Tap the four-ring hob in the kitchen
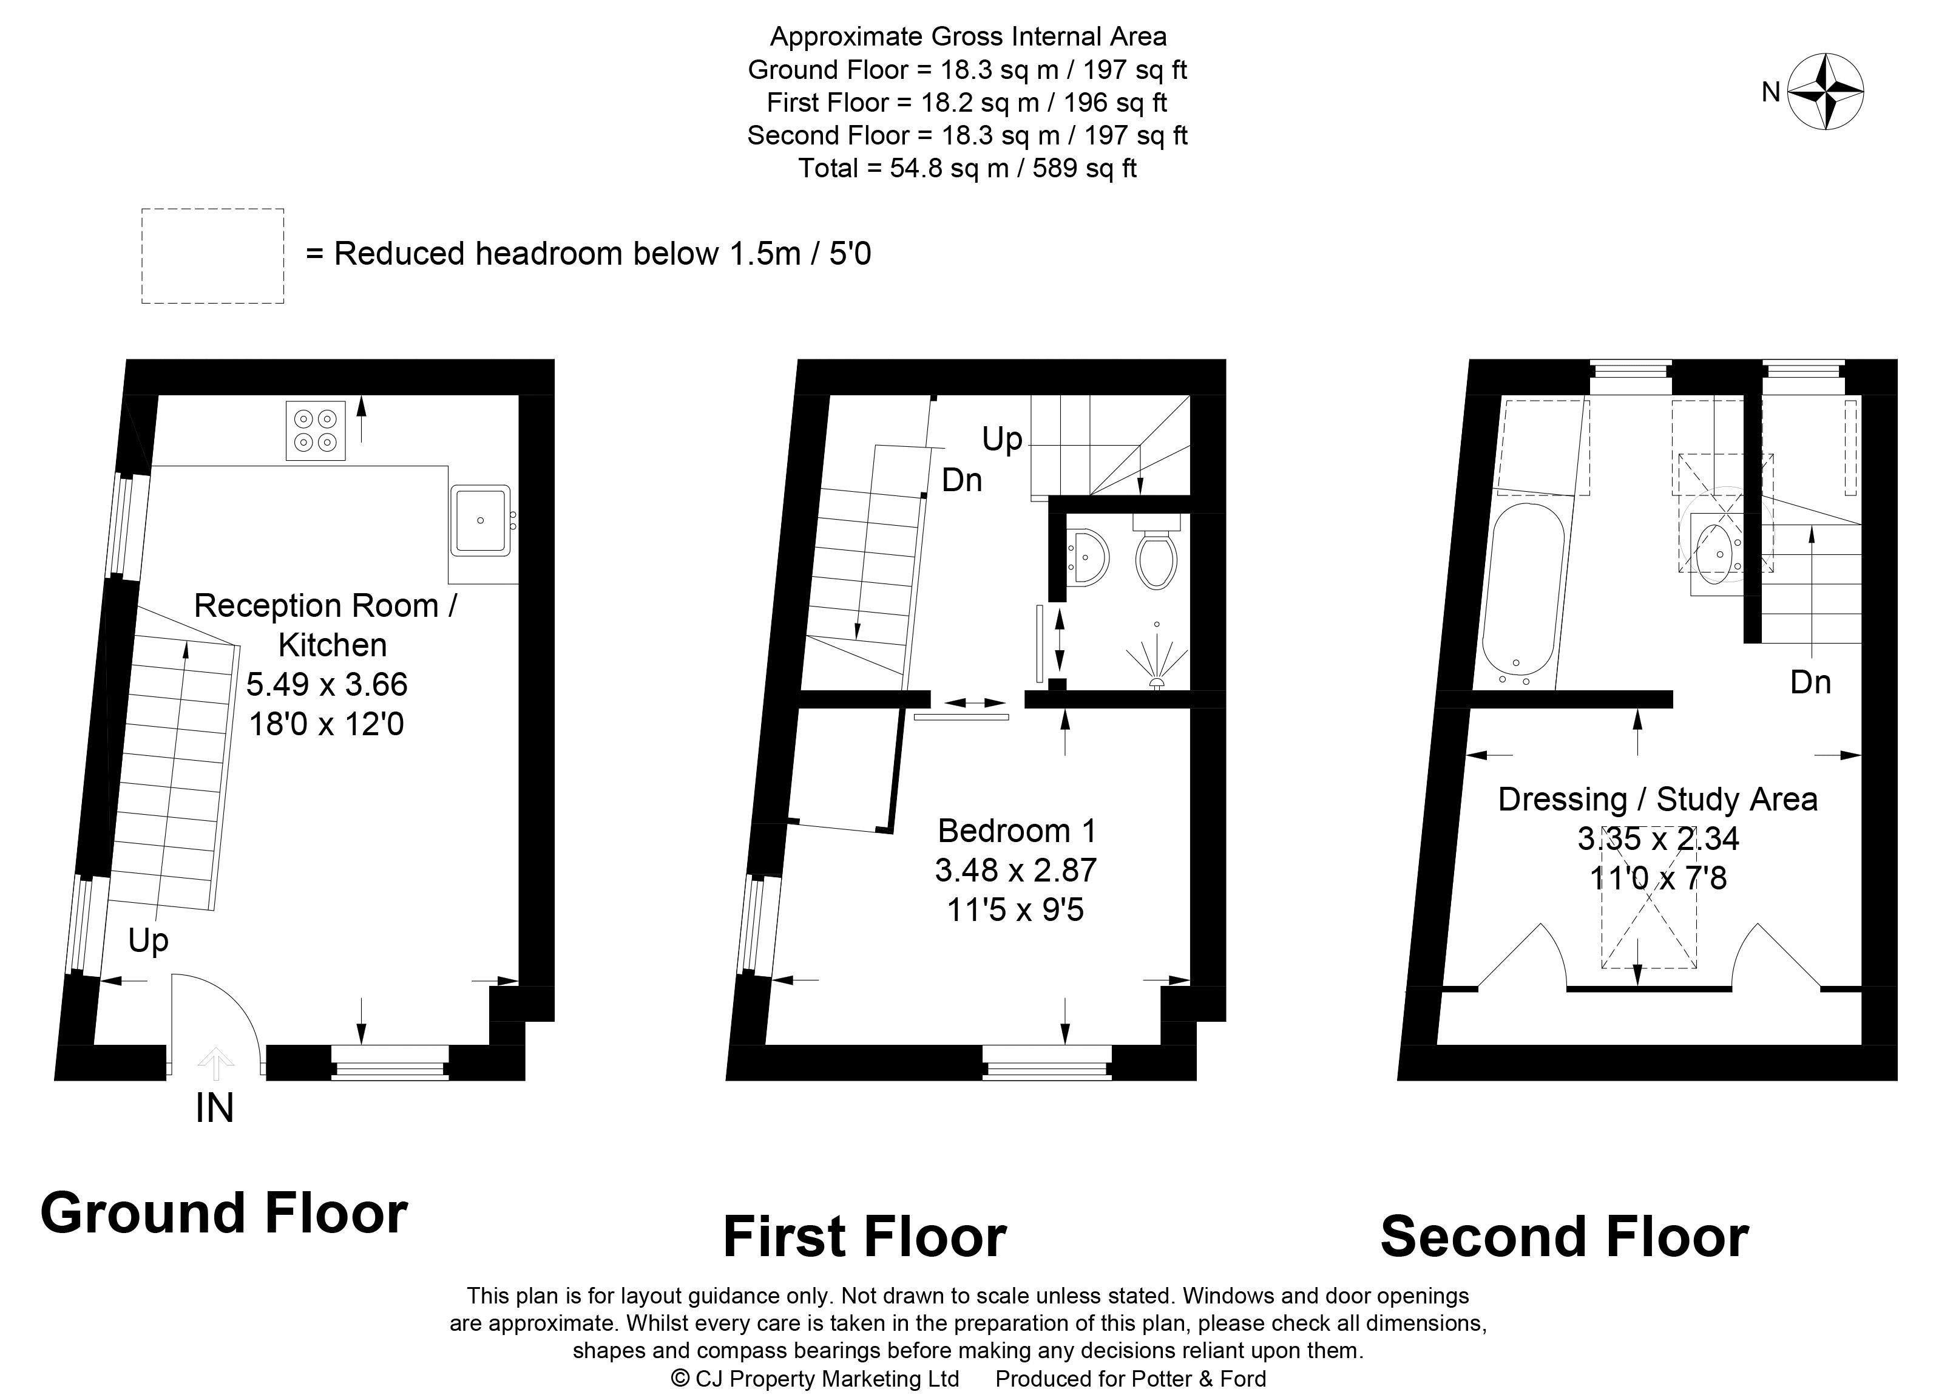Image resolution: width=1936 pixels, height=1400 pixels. (x=315, y=430)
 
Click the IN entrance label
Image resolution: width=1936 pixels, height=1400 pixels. (x=214, y=1108)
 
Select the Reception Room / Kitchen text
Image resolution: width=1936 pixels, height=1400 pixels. (x=326, y=625)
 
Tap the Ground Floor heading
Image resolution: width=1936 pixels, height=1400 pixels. (x=224, y=1213)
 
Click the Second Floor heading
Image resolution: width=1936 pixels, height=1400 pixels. (x=1565, y=1237)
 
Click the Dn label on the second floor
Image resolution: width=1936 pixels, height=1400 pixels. (x=1810, y=682)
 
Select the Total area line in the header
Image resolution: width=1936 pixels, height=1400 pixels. (x=967, y=168)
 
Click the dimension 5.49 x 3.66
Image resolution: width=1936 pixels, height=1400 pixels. (x=327, y=684)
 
